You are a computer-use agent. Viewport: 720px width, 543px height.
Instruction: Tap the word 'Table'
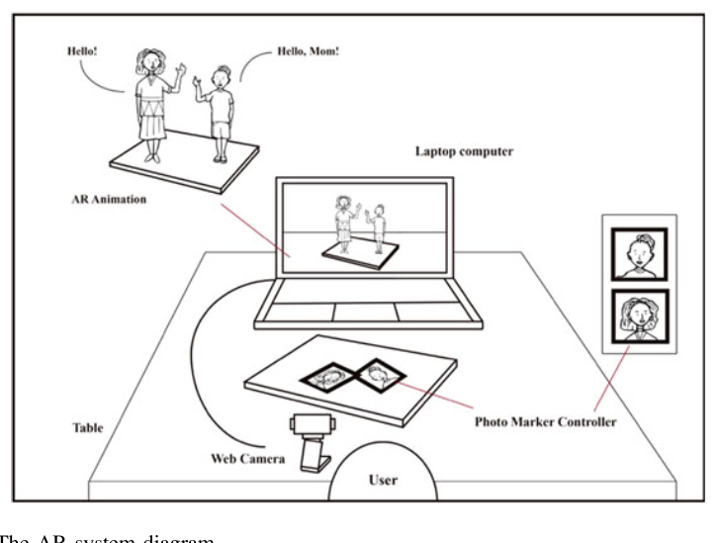[89, 430]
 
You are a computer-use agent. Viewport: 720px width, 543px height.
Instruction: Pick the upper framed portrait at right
[638, 253]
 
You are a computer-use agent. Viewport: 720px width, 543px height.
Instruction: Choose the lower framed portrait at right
[638, 316]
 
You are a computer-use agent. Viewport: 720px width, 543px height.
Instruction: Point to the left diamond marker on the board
[329, 377]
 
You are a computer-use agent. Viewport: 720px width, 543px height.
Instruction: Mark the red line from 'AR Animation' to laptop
[254, 230]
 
